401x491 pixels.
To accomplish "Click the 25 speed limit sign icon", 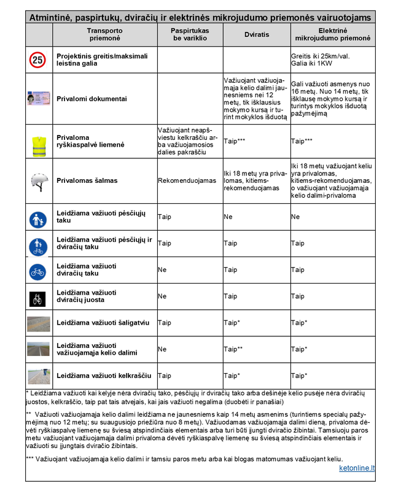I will [x=38, y=60].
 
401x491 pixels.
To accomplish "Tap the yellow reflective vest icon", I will [x=38, y=144].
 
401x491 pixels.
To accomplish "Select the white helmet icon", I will [x=38, y=180].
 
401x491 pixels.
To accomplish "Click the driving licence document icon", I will [x=38, y=98].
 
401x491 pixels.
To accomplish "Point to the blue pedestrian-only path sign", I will [x=38, y=217].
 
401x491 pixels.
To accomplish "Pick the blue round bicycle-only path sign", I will [x=38, y=270].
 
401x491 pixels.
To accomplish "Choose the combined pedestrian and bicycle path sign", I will [x=38, y=244].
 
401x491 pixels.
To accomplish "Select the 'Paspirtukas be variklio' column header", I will [x=189, y=34].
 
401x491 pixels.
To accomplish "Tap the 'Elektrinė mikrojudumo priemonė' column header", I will [x=331, y=34].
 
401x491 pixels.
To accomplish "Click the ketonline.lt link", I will [x=357, y=468].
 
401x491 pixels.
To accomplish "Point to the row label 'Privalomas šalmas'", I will [x=87, y=180].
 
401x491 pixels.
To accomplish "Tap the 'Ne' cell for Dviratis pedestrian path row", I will [x=228, y=217].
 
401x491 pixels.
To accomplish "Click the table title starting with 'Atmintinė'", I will [x=200, y=18].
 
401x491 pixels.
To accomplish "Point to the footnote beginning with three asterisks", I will [x=184, y=459].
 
